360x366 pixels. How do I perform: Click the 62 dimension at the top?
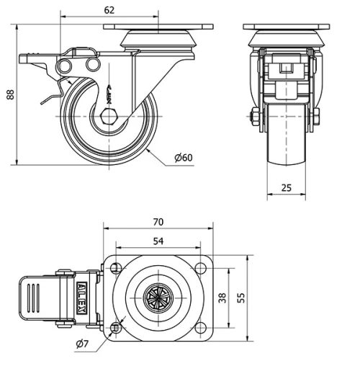tap(109, 10)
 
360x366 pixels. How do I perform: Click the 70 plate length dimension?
tap(159, 221)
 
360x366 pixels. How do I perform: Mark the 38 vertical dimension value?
tap(222, 297)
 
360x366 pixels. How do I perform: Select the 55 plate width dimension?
tap(241, 297)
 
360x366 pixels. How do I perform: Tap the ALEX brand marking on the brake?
tap(84, 298)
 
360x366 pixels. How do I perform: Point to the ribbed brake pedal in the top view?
tap(35, 298)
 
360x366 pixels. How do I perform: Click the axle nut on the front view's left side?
tap(256, 117)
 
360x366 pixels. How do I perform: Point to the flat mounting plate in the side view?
tap(159, 27)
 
